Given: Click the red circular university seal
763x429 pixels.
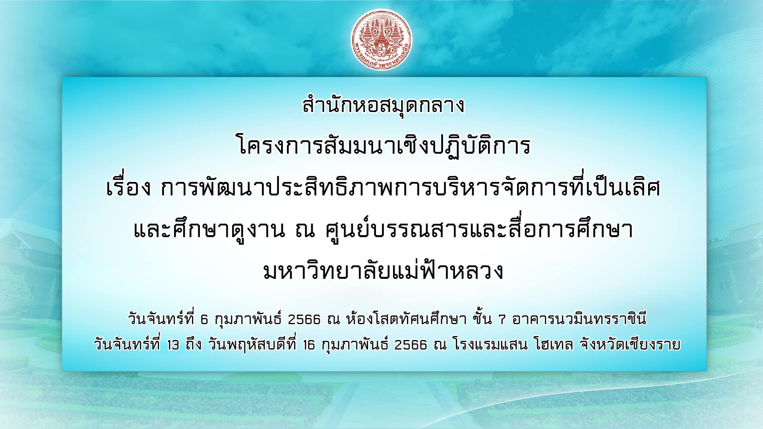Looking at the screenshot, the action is [x=381, y=40].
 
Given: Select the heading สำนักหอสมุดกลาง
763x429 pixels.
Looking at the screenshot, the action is [x=383, y=106].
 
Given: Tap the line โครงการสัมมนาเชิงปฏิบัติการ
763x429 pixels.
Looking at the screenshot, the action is [x=384, y=146].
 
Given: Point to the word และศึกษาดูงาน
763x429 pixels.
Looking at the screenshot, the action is [x=209, y=230].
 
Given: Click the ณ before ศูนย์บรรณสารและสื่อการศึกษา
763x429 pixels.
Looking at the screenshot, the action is [x=305, y=230].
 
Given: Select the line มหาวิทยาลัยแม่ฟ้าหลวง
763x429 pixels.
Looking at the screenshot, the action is [x=383, y=270].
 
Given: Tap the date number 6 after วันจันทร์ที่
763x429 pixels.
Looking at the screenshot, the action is [x=204, y=319].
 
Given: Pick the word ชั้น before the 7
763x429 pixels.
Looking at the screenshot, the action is [x=482, y=318].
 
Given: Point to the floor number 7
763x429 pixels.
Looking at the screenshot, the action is [x=502, y=319].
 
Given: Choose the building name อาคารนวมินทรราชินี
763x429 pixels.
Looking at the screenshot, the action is [x=579, y=319].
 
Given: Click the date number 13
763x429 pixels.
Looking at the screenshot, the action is [x=173, y=345].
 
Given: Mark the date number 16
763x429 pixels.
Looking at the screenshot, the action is [x=309, y=345].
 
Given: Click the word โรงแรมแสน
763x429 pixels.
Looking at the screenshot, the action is [x=490, y=344].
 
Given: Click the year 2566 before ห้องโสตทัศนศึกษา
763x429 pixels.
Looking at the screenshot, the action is [x=304, y=319].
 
